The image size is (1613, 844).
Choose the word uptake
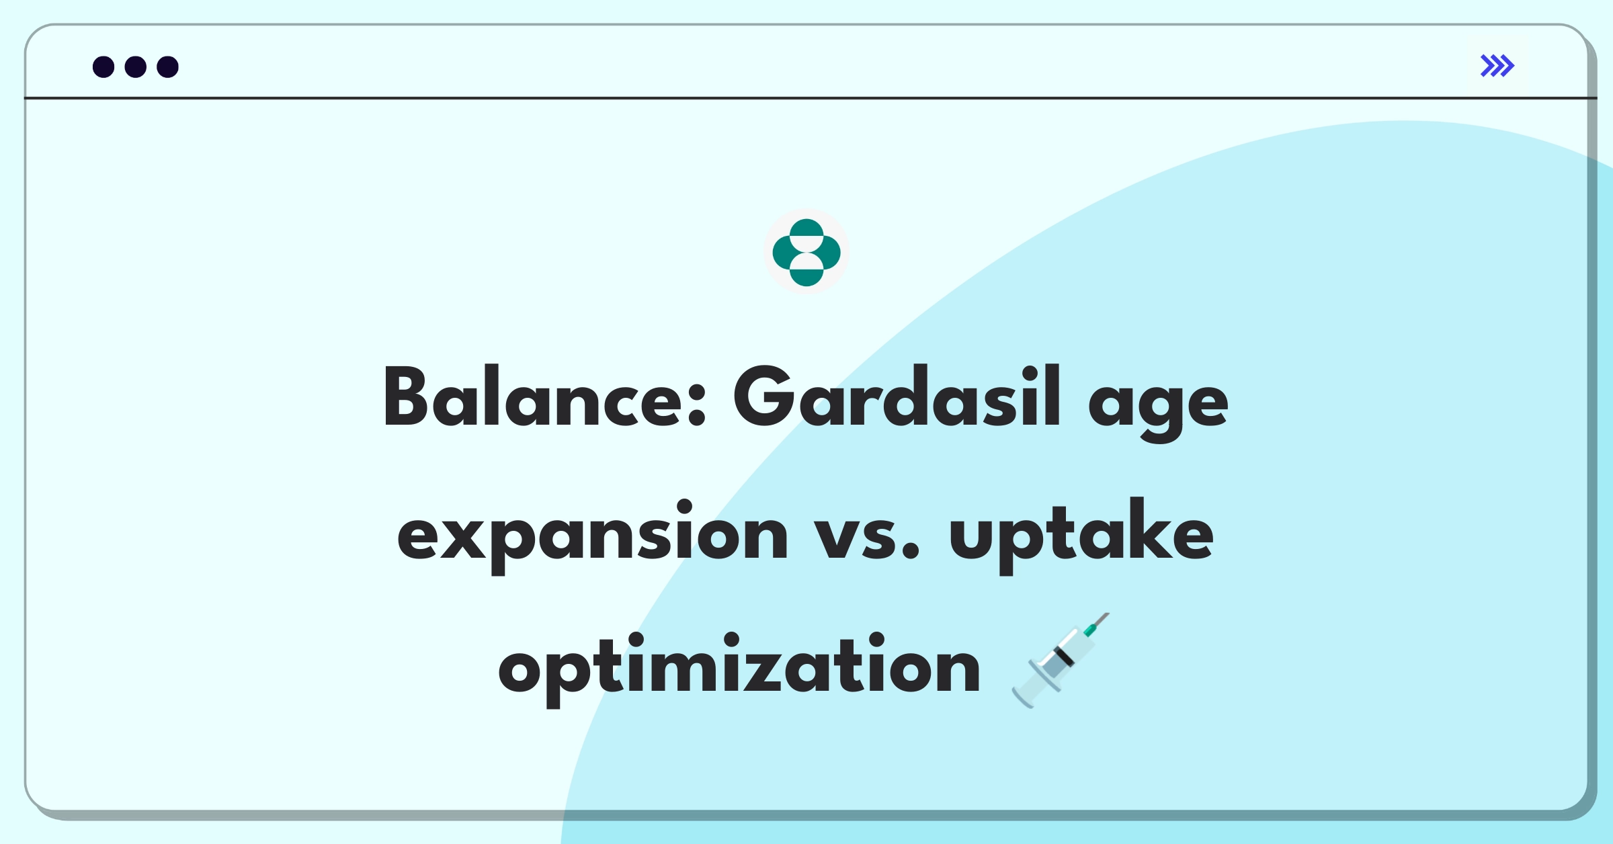1081,534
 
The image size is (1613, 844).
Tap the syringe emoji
1061,660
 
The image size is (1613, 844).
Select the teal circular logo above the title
806,253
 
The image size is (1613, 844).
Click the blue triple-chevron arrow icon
1497,66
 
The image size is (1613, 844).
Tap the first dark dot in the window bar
104,67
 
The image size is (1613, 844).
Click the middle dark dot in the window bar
136,67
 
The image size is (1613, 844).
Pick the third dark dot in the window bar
168,67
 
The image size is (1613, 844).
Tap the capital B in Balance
405,396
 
